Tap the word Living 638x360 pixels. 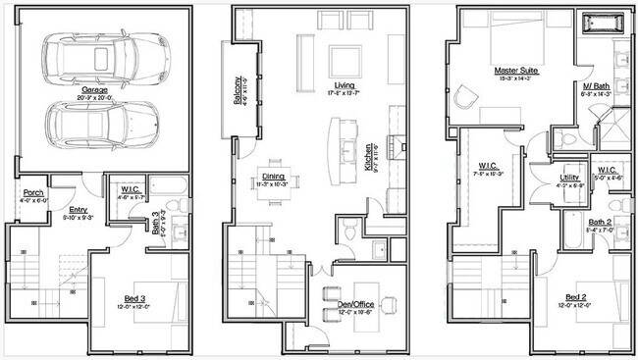click(x=343, y=84)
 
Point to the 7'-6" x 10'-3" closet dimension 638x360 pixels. click(x=489, y=173)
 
